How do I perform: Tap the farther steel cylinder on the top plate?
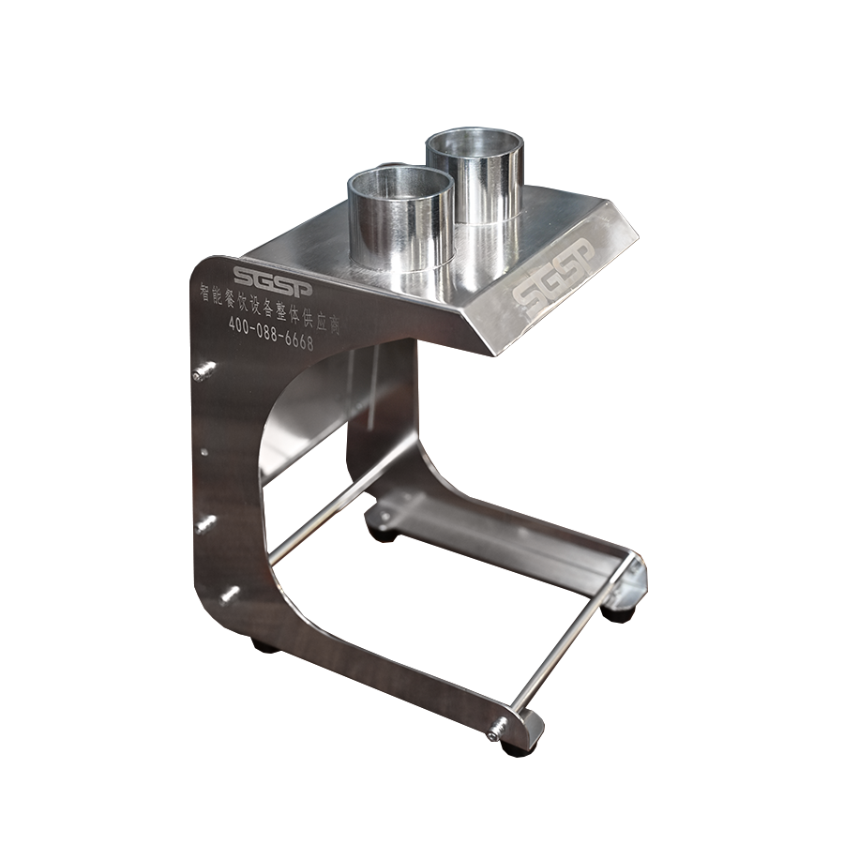(x=475, y=176)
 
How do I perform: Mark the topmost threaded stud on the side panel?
(x=204, y=370)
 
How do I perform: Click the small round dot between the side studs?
(x=204, y=453)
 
